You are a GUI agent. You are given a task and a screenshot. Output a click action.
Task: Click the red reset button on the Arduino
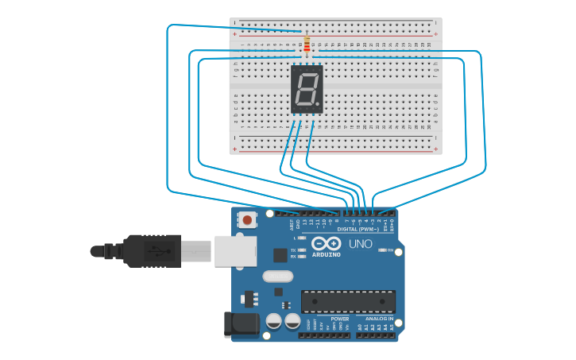(247, 220)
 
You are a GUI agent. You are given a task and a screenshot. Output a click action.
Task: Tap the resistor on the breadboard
(307, 45)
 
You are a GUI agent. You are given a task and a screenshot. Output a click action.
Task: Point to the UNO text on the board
(361, 245)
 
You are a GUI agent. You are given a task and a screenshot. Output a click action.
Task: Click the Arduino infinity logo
(326, 244)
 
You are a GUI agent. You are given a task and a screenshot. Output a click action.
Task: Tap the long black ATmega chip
(348, 302)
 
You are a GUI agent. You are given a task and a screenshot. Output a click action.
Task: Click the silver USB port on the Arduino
(236, 250)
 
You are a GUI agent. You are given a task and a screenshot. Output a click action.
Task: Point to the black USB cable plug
(151, 251)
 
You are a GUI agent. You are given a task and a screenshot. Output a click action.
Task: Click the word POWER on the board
(339, 319)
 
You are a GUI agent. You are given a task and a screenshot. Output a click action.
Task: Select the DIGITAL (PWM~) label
(358, 229)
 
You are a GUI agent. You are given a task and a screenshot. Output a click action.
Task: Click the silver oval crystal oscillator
(277, 277)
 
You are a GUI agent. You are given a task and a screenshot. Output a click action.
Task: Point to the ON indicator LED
(382, 251)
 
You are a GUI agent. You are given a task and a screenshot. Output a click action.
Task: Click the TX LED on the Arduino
(302, 250)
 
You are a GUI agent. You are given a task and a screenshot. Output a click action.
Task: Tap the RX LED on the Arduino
(302, 257)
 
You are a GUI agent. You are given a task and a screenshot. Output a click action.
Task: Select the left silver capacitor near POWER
(274, 321)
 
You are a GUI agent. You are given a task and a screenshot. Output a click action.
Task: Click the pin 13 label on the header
(303, 222)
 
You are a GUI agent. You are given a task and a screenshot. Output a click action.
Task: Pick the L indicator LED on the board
(302, 238)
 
